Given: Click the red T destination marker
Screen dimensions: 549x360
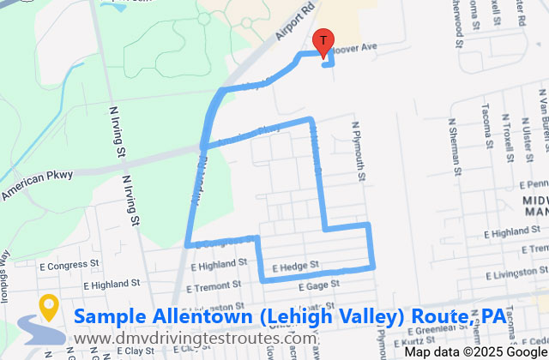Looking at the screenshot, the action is [x=323, y=41].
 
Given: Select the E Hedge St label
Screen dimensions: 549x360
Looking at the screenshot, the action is [x=296, y=267].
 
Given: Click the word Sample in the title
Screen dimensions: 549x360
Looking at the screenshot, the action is [x=109, y=316].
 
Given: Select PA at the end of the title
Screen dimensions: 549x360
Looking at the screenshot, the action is [x=492, y=316].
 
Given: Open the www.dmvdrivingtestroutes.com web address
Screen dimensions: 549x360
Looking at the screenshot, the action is [x=194, y=339].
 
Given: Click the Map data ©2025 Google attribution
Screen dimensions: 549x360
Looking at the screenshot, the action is [x=476, y=351].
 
